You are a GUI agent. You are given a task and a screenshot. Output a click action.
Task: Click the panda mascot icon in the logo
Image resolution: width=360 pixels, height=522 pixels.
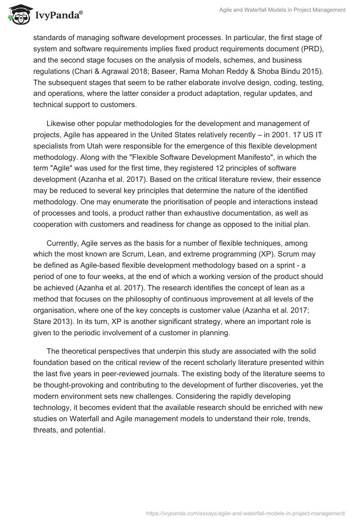pyautogui.click(x=17, y=15)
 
